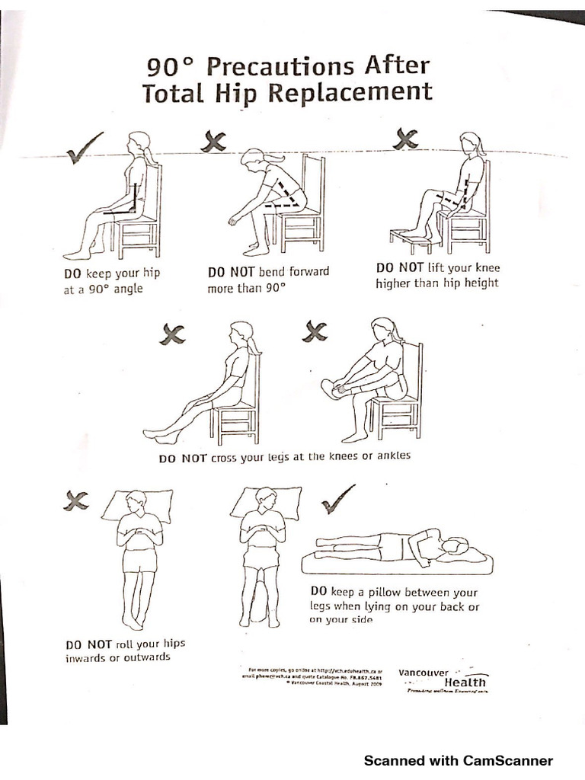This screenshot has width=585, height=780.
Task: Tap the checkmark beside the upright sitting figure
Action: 85,148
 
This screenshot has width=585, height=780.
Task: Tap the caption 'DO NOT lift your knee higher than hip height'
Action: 437,275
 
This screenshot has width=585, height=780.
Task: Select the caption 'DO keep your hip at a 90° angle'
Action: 112,280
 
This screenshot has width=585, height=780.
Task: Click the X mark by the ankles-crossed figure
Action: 172,334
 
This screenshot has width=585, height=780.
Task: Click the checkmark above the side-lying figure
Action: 337,498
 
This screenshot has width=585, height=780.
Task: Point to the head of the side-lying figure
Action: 453,545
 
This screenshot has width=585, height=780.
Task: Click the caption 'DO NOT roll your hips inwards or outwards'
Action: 125,650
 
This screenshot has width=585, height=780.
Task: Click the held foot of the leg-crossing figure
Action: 330,388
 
